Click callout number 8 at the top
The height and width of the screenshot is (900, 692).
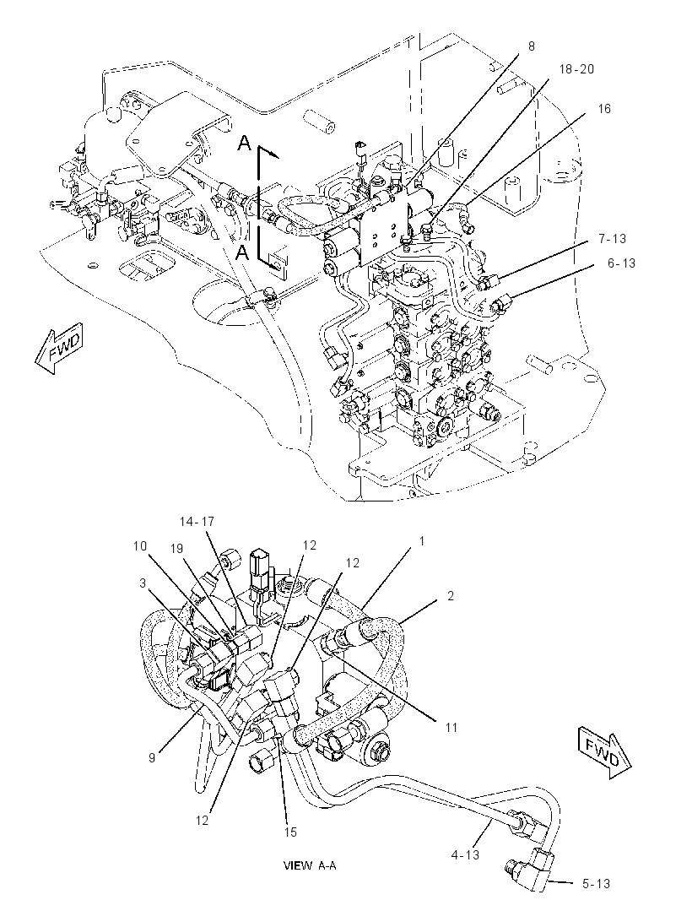pos(532,46)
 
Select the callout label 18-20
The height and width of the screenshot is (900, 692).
pos(577,69)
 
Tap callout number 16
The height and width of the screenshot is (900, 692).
pos(604,108)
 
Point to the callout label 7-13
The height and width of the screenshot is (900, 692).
pos(612,238)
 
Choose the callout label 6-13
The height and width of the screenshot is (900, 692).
pos(622,263)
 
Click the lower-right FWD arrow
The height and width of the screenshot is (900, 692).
pos(603,752)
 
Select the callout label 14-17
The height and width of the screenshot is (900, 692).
pos(197,521)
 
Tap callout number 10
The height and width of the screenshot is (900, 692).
pos(141,546)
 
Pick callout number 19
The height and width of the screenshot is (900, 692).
pos(176,550)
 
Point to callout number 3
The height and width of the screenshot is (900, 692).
pos(143,583)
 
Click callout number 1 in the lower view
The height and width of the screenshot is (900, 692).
pos(422,540)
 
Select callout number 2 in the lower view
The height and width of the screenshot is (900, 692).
pos(451,596)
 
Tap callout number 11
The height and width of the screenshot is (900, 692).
pos(451,727)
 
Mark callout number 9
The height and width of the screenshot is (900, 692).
pos(152,757)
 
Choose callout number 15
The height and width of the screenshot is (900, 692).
pos(291,832)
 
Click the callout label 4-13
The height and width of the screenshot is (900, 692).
pos(465,854)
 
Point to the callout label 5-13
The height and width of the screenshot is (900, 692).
pos(596,884)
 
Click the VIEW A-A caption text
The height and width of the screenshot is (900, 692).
pos(310,865)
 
